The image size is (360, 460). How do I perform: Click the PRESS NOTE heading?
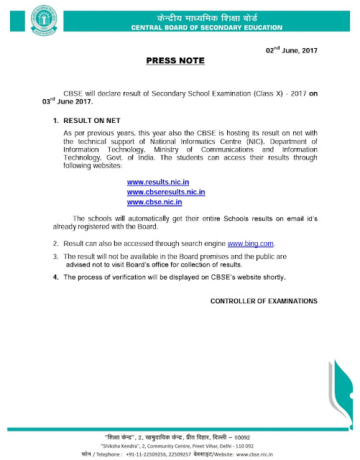(x=180, y=62)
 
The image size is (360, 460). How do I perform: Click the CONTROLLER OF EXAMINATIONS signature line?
(x=263, y=300)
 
